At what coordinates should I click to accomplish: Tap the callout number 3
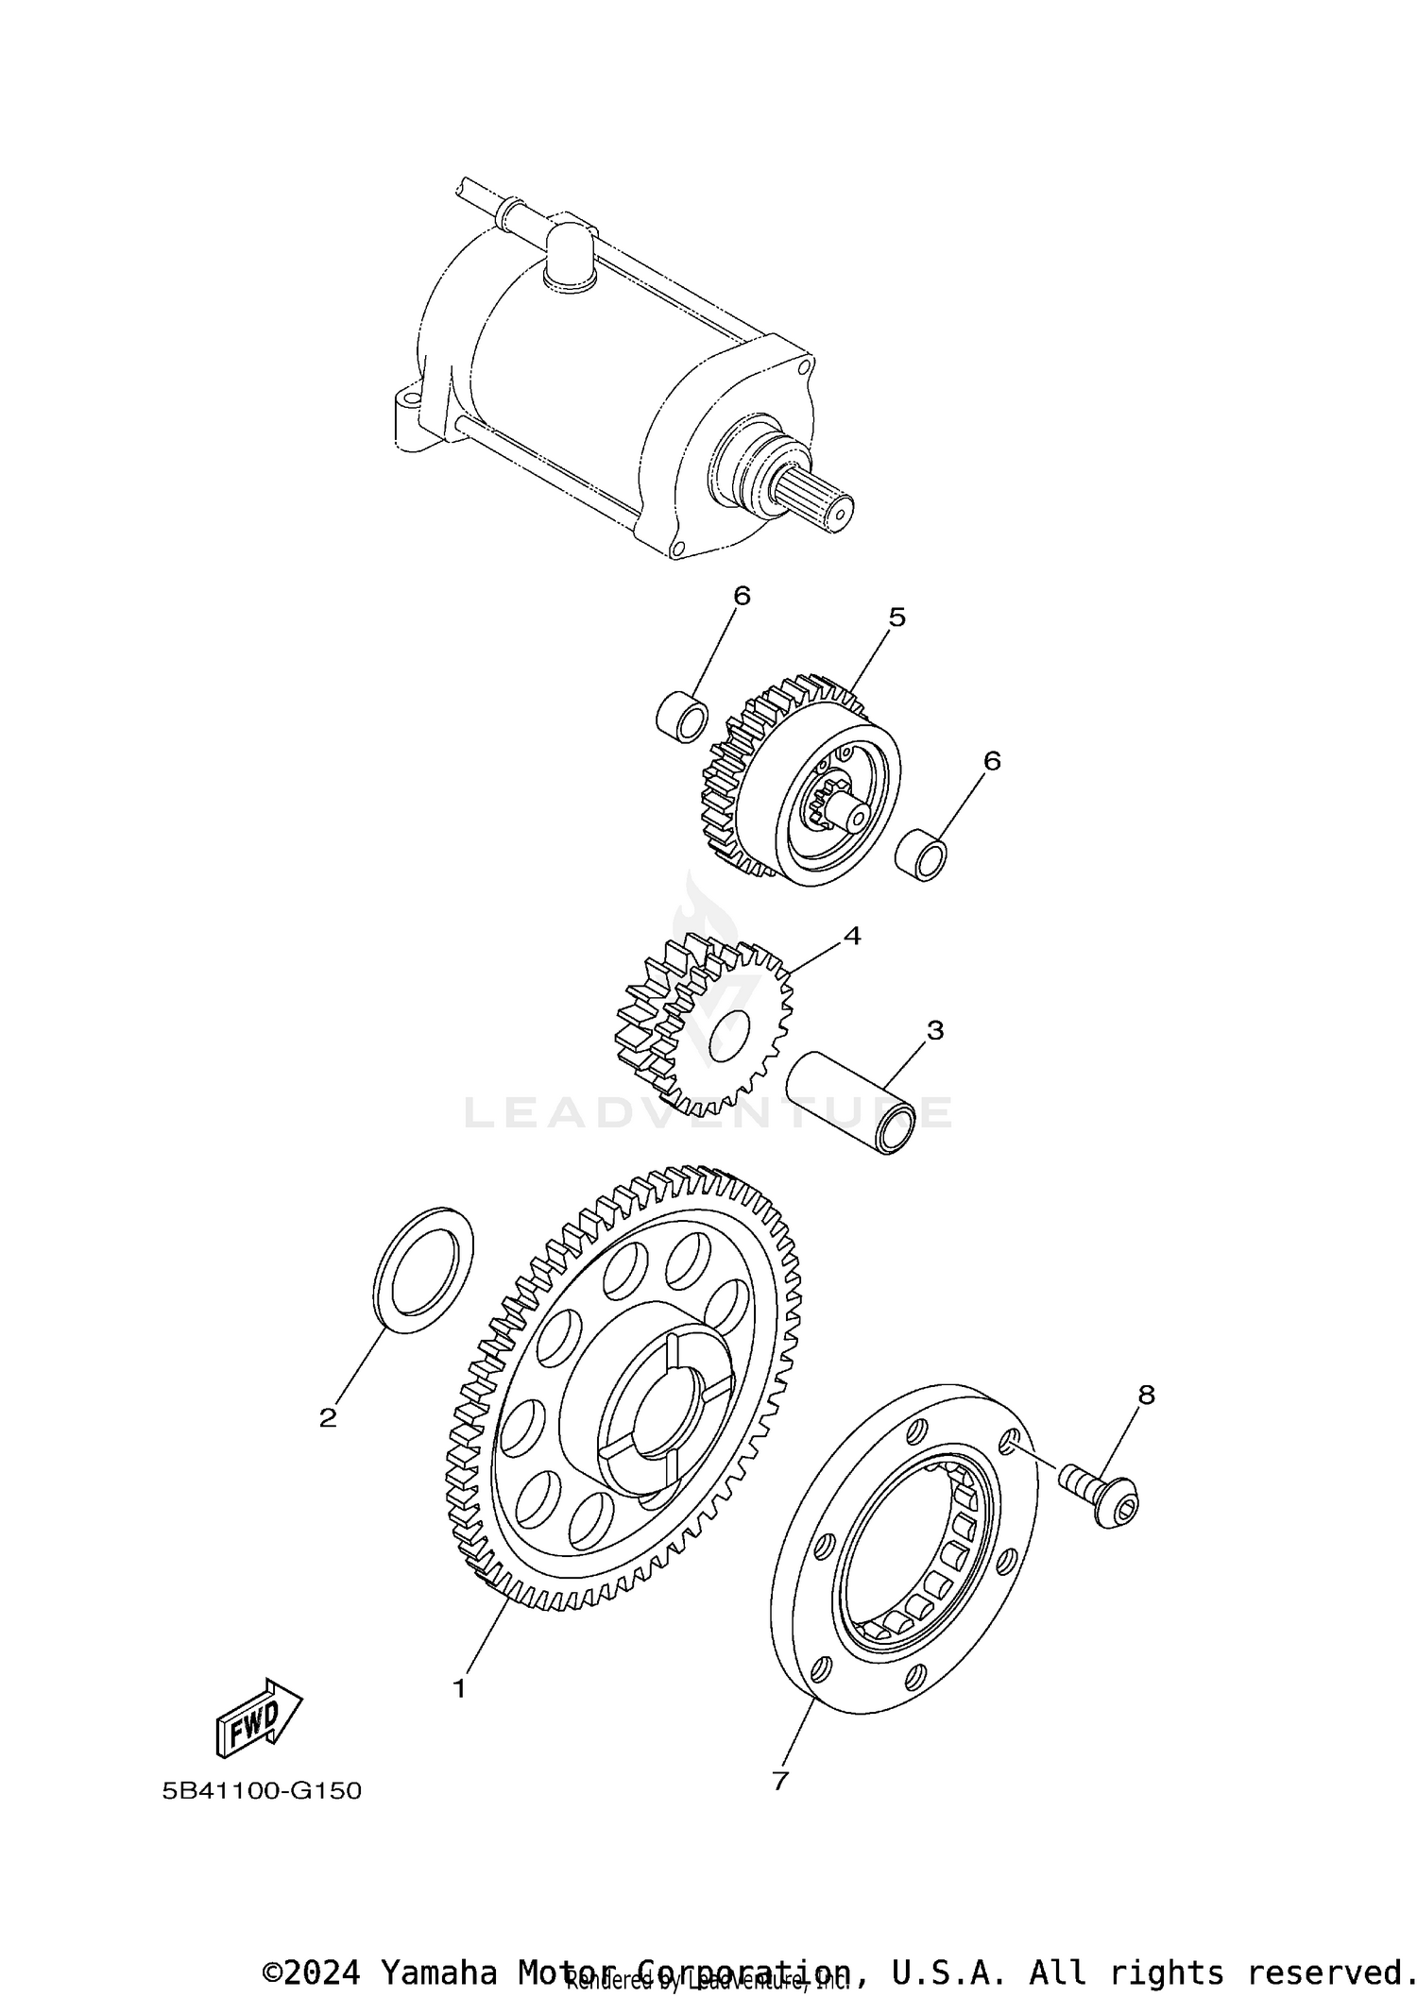click(934, 1030)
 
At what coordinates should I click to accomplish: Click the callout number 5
click(896, 617)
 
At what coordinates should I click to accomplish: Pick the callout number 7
click(779, 1781)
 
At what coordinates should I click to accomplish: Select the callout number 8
click(1146, 1395)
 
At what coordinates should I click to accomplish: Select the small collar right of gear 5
click(921, 855)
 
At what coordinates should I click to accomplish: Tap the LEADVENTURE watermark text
click(708, 1112)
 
